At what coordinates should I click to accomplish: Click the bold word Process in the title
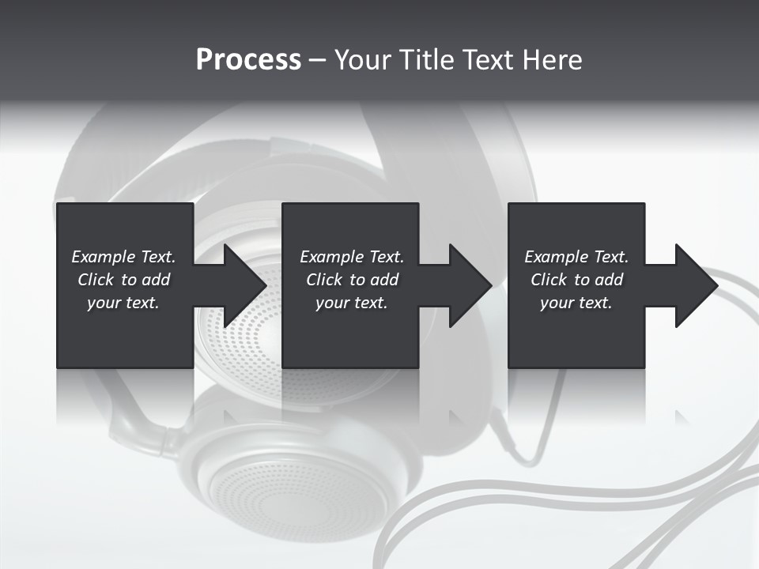(x=248, y=60)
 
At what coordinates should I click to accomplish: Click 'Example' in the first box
(x=103, y=257)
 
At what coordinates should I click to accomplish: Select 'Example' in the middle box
(x=331, y=257)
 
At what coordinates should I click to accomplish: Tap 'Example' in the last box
(x=556, y=257)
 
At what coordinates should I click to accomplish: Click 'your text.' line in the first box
(x=123, y=303)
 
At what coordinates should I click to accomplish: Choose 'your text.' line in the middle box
(x=352, y=303)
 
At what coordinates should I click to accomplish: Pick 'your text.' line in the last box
(x=576, y=303)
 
